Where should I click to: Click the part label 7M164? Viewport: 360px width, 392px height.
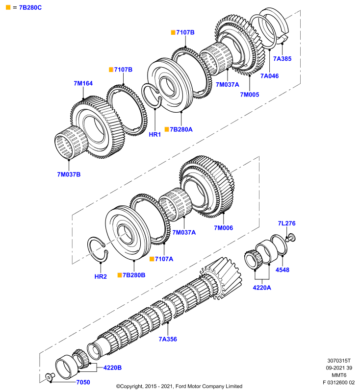83,83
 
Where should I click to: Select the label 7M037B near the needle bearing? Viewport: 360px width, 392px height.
69,174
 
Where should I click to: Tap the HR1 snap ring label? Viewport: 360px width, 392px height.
155,134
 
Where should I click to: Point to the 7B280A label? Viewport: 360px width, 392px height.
181,129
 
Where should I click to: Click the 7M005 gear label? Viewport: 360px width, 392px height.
250,95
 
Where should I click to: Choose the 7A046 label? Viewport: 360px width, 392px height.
269,76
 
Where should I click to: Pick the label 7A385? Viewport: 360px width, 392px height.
282,58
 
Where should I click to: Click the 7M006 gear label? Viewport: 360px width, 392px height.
223,228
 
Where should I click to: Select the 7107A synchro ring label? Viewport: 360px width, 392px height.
164,259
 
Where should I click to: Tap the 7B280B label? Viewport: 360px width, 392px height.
134,275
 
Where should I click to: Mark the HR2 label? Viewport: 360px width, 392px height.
101,276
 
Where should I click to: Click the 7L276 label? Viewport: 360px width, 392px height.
287,223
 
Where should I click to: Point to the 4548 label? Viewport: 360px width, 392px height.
283,270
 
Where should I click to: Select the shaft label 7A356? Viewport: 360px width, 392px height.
168,339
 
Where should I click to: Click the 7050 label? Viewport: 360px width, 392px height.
83,382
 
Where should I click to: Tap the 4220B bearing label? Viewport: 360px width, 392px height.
113,367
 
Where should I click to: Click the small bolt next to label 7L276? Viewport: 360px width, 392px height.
290,238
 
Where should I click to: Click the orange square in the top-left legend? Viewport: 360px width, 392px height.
8,7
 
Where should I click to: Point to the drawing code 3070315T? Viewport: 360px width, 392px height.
339,361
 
